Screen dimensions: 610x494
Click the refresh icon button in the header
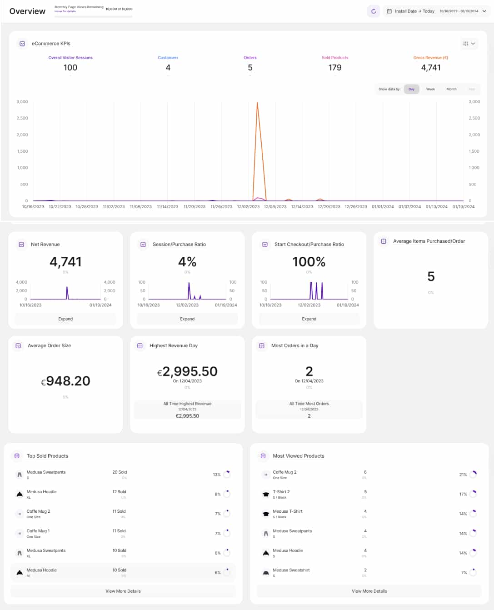coord(373,11)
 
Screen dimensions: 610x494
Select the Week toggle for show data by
coord(430,89)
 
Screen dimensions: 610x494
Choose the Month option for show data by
coord(451,89)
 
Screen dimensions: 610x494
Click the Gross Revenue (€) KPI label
coord(430,58)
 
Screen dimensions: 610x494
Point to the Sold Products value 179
coord(335,68)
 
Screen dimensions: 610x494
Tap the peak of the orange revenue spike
coord(257,103)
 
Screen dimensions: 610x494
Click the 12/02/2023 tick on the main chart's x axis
coord(248,207)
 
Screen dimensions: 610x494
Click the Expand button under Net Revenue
coord(65,319)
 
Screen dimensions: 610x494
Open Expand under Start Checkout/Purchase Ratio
coord(309,319)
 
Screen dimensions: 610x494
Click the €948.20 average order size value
coord(66,381)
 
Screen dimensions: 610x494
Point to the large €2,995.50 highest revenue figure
coord(187,372)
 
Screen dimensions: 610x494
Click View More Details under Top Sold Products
coord(123,591)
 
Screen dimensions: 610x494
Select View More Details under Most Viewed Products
coord(369,591)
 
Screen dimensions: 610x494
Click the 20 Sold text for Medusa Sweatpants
coord(120,472)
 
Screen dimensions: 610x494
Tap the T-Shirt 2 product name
coord(281,492)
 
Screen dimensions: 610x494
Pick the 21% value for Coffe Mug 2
coord(463,475)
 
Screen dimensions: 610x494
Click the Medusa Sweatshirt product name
coord(291,570)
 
